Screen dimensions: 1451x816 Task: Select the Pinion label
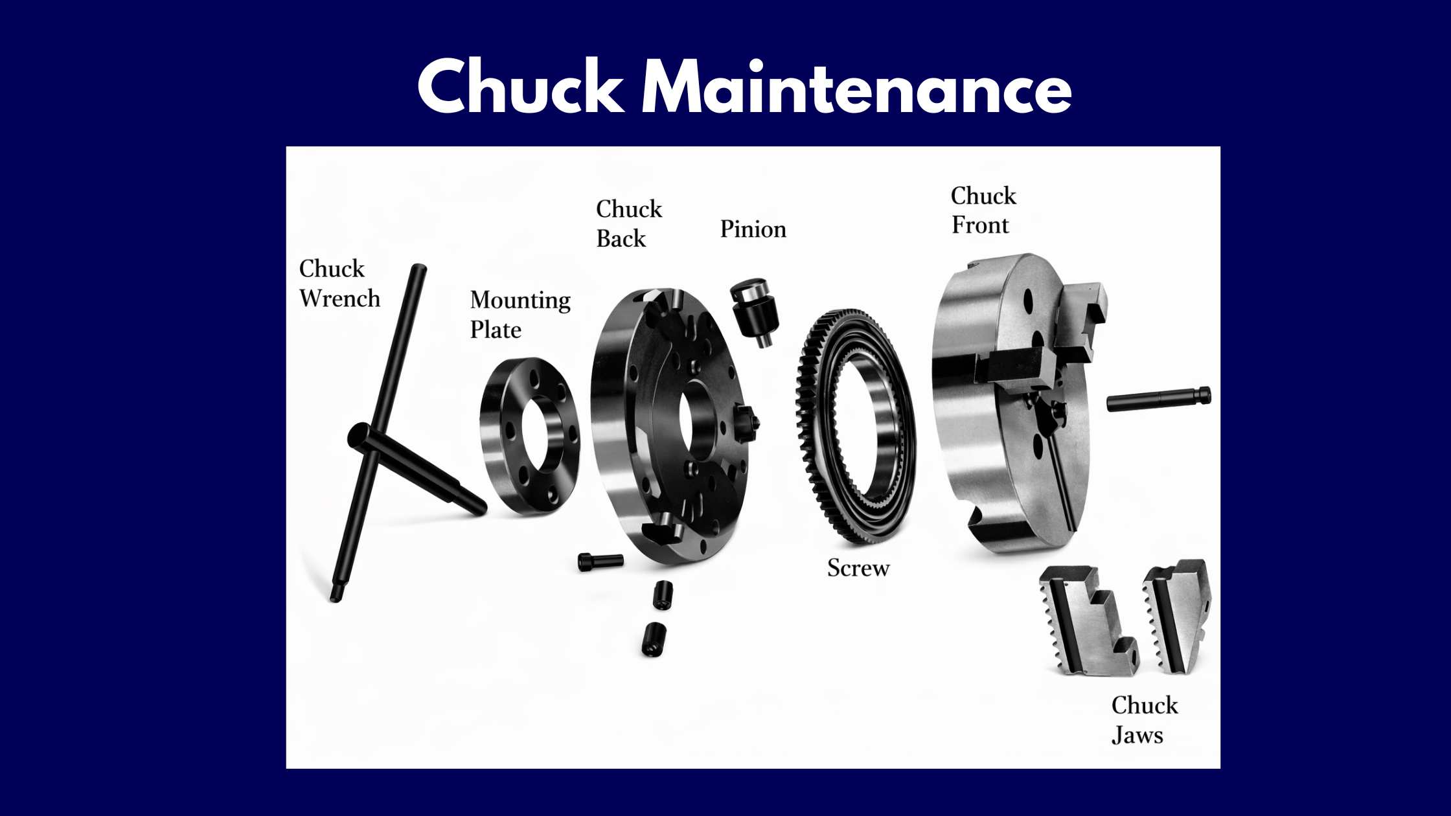coord(753,229)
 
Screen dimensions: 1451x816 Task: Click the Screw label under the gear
coord(858,568)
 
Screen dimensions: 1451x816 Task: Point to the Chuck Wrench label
coord(339,284)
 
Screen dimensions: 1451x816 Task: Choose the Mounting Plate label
coord(520,315)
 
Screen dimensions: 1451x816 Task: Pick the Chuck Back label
coord(629,223)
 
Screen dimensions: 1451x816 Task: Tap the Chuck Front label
coord(983,210)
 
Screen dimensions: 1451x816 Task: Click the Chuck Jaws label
coord(1145,720)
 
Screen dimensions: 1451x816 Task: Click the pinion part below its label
coord(755,312)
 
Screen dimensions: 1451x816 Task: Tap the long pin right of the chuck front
coord(1159,398)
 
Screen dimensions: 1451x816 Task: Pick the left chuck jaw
coord(1088,620)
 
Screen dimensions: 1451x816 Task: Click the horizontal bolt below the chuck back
coord(600,561)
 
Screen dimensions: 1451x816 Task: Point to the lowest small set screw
coord(654,639)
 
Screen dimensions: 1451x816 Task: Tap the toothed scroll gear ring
coord(855,427)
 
